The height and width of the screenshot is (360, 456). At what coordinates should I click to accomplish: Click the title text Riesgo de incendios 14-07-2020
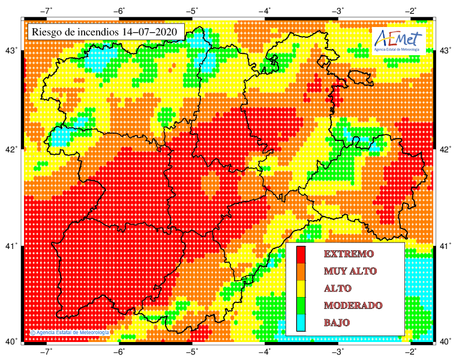click(106, 32)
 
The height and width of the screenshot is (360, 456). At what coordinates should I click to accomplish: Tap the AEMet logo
click(398, 40)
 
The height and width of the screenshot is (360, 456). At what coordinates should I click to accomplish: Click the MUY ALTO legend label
click(350, 271)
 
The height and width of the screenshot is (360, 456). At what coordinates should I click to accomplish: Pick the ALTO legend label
click(338, 288)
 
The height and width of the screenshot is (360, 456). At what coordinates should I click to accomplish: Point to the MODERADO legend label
click(353, 305)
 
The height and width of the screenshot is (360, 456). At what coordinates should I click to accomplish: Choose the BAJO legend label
click(337, 323)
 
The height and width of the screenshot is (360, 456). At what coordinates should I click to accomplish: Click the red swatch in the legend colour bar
click(301, 254)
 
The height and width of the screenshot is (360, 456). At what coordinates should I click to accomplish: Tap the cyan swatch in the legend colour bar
click(301, 323)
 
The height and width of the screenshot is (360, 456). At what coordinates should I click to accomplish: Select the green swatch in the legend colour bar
click(301, 306)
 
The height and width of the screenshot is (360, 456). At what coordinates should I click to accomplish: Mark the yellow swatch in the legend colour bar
click(301, 289)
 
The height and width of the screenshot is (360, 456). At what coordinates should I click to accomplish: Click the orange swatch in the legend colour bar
click(301, 271)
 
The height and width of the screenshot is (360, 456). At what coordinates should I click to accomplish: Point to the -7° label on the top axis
click(47, 11)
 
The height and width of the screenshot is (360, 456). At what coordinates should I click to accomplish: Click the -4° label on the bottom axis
click(265, 351)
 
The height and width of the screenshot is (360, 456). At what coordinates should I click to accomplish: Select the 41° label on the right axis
click(445, 246)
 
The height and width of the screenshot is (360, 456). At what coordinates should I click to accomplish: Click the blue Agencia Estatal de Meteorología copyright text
click(70, 332)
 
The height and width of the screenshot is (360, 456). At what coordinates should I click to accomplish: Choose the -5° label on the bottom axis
click(192, 351)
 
